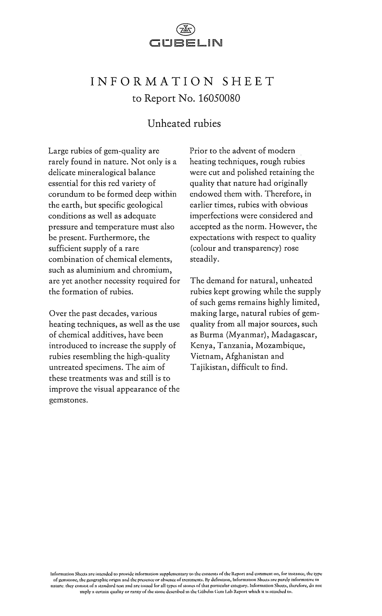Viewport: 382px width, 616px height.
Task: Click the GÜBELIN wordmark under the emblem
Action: click(x=186, y=43)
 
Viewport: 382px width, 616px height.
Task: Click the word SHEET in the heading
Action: click(x=248, y=81)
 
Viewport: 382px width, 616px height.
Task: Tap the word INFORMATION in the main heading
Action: click(x=152, y=81)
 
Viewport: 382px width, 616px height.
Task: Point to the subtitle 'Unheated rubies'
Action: click(x=184, y=124)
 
